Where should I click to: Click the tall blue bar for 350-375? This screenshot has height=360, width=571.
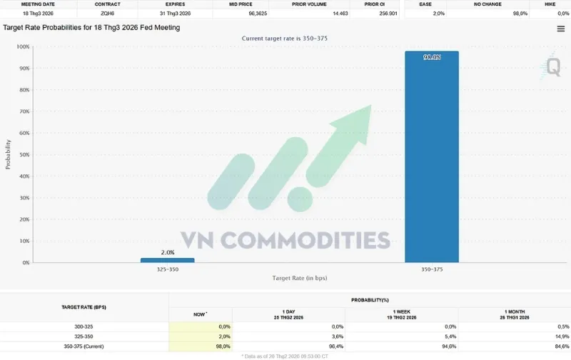(x=431, y=157)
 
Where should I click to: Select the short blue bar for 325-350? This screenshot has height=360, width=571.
(x=167, y=260)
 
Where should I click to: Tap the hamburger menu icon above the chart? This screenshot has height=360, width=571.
(x=561, y=29)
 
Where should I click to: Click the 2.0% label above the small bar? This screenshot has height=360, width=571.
(x=167, y=253)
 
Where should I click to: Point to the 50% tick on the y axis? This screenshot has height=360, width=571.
(x=24, y=155)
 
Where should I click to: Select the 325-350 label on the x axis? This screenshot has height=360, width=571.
(x=167, y=269)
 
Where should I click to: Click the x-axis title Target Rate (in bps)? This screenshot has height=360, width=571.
(x=299, y=278)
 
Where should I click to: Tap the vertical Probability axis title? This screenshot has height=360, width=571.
(x=9, y=154)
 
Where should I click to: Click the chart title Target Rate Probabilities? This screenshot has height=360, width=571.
(x=91, y=28)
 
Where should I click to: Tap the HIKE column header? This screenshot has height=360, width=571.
(x=550, y=4)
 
